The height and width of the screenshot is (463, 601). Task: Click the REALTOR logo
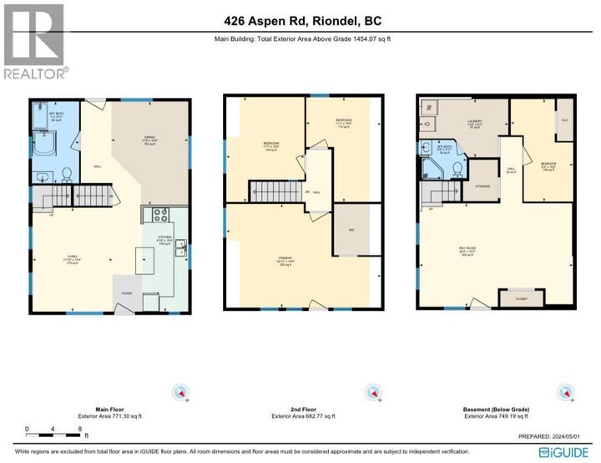point(36,42)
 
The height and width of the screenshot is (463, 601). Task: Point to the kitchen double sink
point(181,249)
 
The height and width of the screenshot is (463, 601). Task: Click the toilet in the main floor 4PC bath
point(66,175)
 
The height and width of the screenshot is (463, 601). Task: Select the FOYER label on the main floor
point(127,293)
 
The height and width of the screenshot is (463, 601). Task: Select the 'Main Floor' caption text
point(99,410)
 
